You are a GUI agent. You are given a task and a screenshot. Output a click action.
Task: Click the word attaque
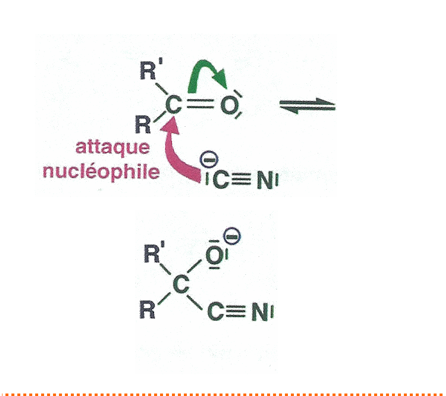pos(112,148)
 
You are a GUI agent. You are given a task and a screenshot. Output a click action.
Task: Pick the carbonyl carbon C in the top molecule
pos(171,104)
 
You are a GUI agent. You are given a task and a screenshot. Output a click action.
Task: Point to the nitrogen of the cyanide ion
pos(266,181)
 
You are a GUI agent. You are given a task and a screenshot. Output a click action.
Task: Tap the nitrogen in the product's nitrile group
pos(261,312)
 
